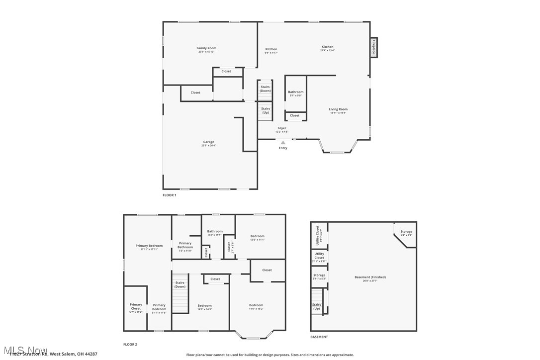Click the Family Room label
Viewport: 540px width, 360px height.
pyautogui.click(x=206, y=48)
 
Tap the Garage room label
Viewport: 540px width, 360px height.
pyautogui.click(x=208, y=142)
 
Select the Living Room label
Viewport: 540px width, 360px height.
pyautogui.click(x=338, y=109)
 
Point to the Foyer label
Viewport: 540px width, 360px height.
pyautogui.click(x=282, y=128)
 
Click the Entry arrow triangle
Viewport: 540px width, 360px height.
pyautogui.click(x=283, y=143)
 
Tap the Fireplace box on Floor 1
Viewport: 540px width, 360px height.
pyautogui.click(x=373, y=47)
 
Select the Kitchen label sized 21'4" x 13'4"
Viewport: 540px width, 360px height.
pyautogui.click(x=327, y=47)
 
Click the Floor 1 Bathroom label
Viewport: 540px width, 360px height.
pyautogui.click(x=295, y=92)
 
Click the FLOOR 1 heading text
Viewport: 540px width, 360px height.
pyautogui.click(x=170, y=195)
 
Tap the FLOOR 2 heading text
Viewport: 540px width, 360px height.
pyautogui.click(x=130, y=344)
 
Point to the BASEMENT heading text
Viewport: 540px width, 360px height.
pyautogui.click(x=319, y=337)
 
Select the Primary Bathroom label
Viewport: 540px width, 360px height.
pyautogui.click(x=185, y=245)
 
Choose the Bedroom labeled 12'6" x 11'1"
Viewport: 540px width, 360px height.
pyautogui.click(x=257, y=236)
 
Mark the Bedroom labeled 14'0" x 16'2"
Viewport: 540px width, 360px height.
pyautogui.click(x=256, y=305)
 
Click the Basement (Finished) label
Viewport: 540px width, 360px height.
pyautogui.click(x=370, y=277)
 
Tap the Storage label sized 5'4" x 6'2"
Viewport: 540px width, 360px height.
pyautogui.click(x=406, y=232)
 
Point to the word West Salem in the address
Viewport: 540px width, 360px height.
pyautogui.click(x=62, y=354)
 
